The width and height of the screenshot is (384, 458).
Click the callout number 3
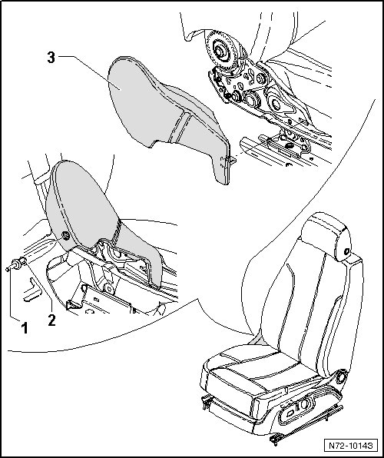tap(51, 58)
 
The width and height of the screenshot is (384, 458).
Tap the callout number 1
tap(25, 327)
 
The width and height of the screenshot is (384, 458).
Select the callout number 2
tap(51, 320)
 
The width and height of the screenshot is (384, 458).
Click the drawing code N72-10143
tap(351, 446)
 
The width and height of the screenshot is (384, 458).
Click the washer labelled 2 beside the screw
tap(23, 261)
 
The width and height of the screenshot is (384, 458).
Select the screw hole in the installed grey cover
tap(66, 236)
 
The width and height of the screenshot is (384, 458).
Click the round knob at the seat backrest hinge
tap(341, 377)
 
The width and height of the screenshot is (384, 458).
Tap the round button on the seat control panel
tap(304, 404)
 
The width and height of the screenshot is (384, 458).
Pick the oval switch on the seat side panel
tap(290, 413)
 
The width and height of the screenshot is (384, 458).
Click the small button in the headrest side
tap(346, 251)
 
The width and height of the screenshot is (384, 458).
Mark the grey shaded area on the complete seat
tap(258, 340)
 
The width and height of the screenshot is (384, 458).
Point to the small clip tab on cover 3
tap(232, 160)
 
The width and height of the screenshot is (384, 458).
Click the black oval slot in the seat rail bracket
tap(289, 145)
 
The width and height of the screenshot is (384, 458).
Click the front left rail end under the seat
tap(207, 403)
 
